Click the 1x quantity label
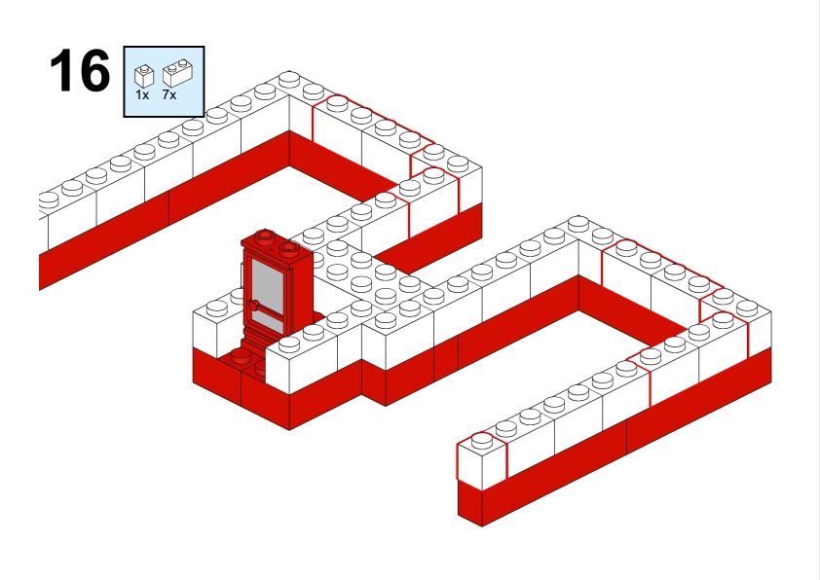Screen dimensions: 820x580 coord(142,95)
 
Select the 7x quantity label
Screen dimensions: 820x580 coord(169,95)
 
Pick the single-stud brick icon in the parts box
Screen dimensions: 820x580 coord(144,76)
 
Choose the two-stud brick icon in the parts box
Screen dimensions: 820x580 coord(178,73)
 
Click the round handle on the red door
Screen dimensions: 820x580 coord(254,307)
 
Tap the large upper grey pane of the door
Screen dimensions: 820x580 coord(267,286)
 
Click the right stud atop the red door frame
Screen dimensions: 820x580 coord(289,248)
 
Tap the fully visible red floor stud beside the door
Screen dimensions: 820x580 coord(241,356)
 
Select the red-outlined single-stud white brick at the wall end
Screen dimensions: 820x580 coord(482,460)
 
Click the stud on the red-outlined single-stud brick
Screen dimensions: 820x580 coord(482,440)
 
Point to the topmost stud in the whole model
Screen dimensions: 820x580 coord(289,80)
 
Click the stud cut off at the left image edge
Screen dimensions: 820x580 coord(48,199)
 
